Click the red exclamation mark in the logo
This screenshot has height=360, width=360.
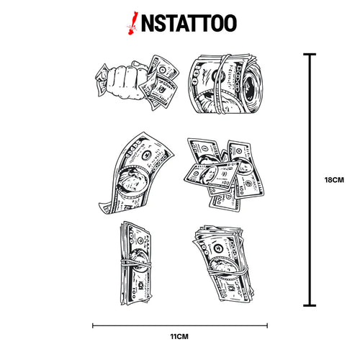[x=132, y=23]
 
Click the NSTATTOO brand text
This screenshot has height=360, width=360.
[x=189, y=23]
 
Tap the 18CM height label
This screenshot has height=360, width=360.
[x=334, y=180]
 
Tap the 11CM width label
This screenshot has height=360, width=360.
[x=179, y=336]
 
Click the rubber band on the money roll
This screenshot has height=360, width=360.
[x=220, y=84]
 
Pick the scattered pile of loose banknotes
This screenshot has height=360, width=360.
[x=223, y=174]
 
